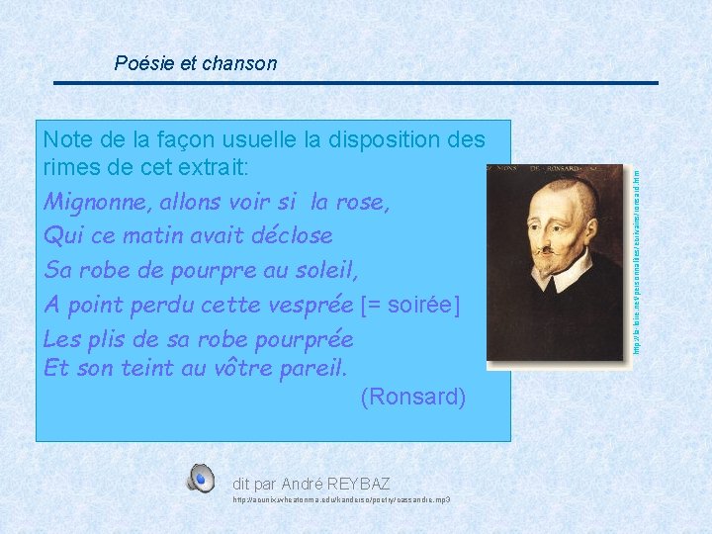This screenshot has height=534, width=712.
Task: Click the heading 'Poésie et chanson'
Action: click(196, 63)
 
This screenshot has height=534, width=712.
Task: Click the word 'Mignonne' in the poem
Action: click(90, 203)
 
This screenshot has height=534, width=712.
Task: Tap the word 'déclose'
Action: click(292, 236)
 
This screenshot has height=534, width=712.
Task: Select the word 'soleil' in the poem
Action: click(324, 269)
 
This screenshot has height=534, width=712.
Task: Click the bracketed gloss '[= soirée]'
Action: click(410, 304)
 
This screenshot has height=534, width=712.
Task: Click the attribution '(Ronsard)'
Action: click(412, 398)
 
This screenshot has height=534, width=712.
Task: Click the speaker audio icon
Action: click(201, 479)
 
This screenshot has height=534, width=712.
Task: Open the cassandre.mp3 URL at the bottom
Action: click(341, 501)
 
